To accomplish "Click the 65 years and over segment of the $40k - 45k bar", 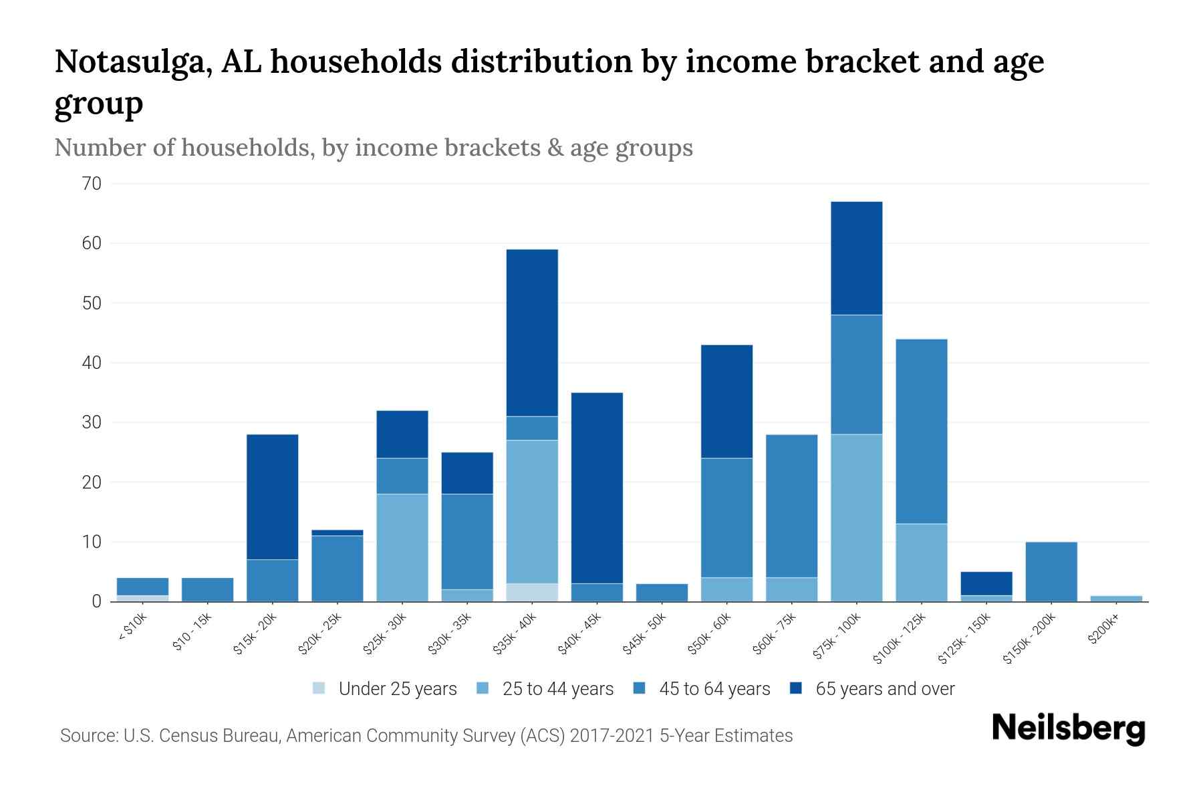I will (597, 488).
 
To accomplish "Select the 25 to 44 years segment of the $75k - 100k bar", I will (856, 518).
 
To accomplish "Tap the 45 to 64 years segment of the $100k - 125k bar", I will (921, 431).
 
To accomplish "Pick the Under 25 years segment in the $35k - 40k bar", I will (532, 592).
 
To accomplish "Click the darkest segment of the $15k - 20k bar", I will (272, 497).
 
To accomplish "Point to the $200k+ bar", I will (1115, 598).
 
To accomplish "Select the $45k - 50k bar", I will (662, 592).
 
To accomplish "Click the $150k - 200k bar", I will (1051, 571).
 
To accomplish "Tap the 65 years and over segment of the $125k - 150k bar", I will (986, 583).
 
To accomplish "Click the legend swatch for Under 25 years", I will (319, 688).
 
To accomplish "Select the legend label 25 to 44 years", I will (557, 689).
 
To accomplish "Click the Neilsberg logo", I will (1068, 728).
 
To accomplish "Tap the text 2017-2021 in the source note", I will (611, 736).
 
